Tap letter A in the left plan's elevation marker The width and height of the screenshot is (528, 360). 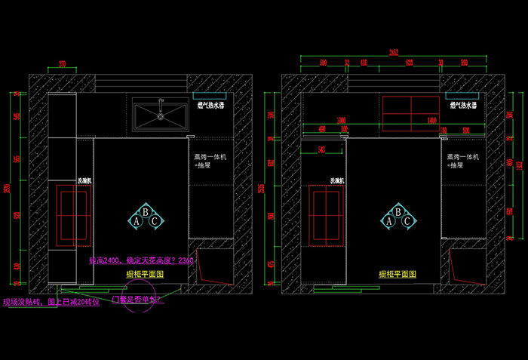click(137, 222)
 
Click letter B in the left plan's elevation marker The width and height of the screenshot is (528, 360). click(146, 213)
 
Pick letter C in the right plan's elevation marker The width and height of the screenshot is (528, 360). click(407, 222)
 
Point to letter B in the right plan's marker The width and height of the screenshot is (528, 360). click(398, 213)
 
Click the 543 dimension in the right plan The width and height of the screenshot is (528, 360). click(322, 149)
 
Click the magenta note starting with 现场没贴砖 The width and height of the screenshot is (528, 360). click(51, 302)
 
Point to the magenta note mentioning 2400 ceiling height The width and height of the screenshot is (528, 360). click(141, 260)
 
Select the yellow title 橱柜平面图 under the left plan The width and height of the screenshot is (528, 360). click(146, 275)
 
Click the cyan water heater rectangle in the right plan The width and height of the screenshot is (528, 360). click(461, 96)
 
